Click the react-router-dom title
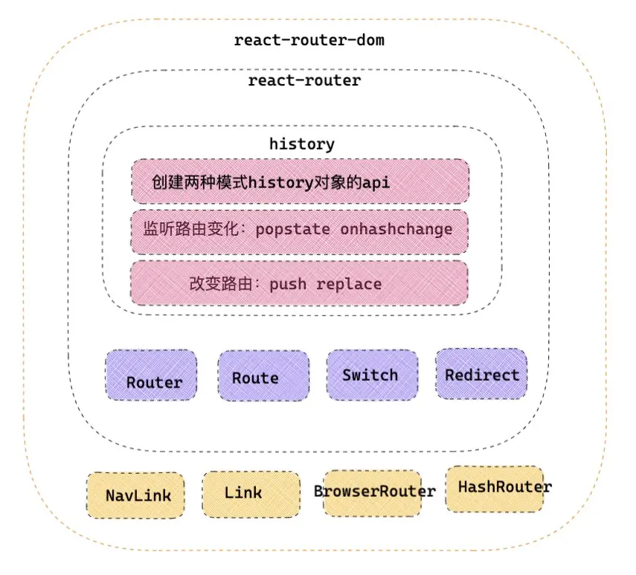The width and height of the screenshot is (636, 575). pyautogui.click(x=309, y=40)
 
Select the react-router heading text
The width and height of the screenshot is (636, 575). pyautogui.click(x=304, y=80)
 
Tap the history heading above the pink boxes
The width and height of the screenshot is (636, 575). pyautogui.click(x=302, y=144)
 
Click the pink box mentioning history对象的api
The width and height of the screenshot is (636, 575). pyautogui.click(x=301, y=182)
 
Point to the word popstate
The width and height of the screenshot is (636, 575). pyautogui.click(x=292, y=230)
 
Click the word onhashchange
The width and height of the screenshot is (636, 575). pyautogui.click(x=396, y=230)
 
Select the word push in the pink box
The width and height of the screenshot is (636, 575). pyautogui.click(x=288, y=284)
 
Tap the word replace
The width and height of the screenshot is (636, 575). pyautogui.click(x=349, y=284)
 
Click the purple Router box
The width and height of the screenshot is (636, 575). pyautogui.click(x=151, y=375)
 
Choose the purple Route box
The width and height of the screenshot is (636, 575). pyautogui.click(x=263, y=376)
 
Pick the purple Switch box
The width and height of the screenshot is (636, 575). pyautogui.click(x=373, y=375)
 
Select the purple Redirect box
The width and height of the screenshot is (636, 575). pyautogui.click(x=481, y=373)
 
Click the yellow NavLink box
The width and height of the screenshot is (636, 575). pyautogui.click(x=135, y=495)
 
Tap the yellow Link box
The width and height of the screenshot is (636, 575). pyautogui.click(x=251, y=495)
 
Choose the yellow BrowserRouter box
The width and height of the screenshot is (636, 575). pyautogui.click(x=373, y=493)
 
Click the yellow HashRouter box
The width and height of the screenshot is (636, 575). pyautogui.click(x=495, y=489)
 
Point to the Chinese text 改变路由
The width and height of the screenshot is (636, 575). pyautogui.click(x=221, y=283)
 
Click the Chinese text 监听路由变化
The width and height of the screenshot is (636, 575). pyautogui.click(x=190, y=229)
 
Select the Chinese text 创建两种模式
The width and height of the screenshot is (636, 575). pyautogui.click(x=199, y=182)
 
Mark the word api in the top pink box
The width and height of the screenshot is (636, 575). pyautogui.click(x=376, y=183)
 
